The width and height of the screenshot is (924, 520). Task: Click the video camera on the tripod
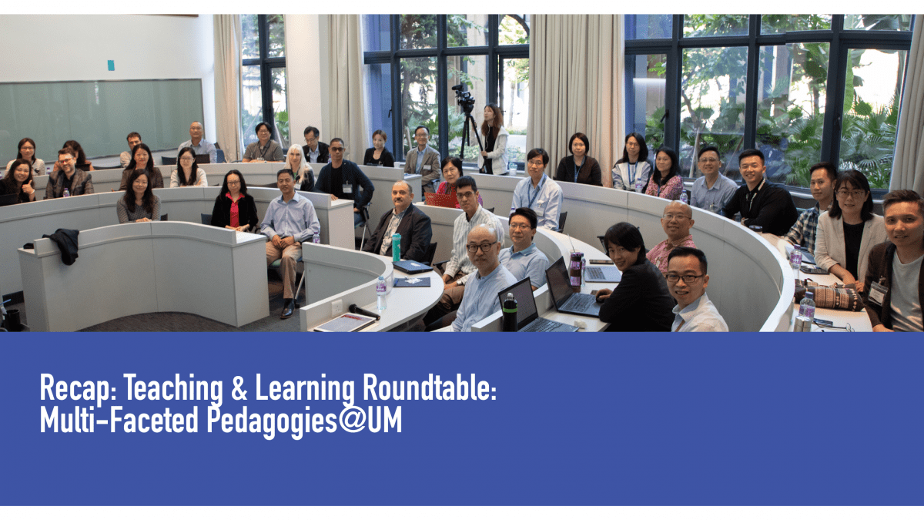(463, 96)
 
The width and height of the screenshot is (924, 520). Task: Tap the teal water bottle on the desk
(396, 248)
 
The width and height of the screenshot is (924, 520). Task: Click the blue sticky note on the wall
(111, 65)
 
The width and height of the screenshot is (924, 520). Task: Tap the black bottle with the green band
(510, 313)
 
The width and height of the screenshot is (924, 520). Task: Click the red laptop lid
(442, 200)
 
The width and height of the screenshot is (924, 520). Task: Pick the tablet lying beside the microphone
(343, 322)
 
